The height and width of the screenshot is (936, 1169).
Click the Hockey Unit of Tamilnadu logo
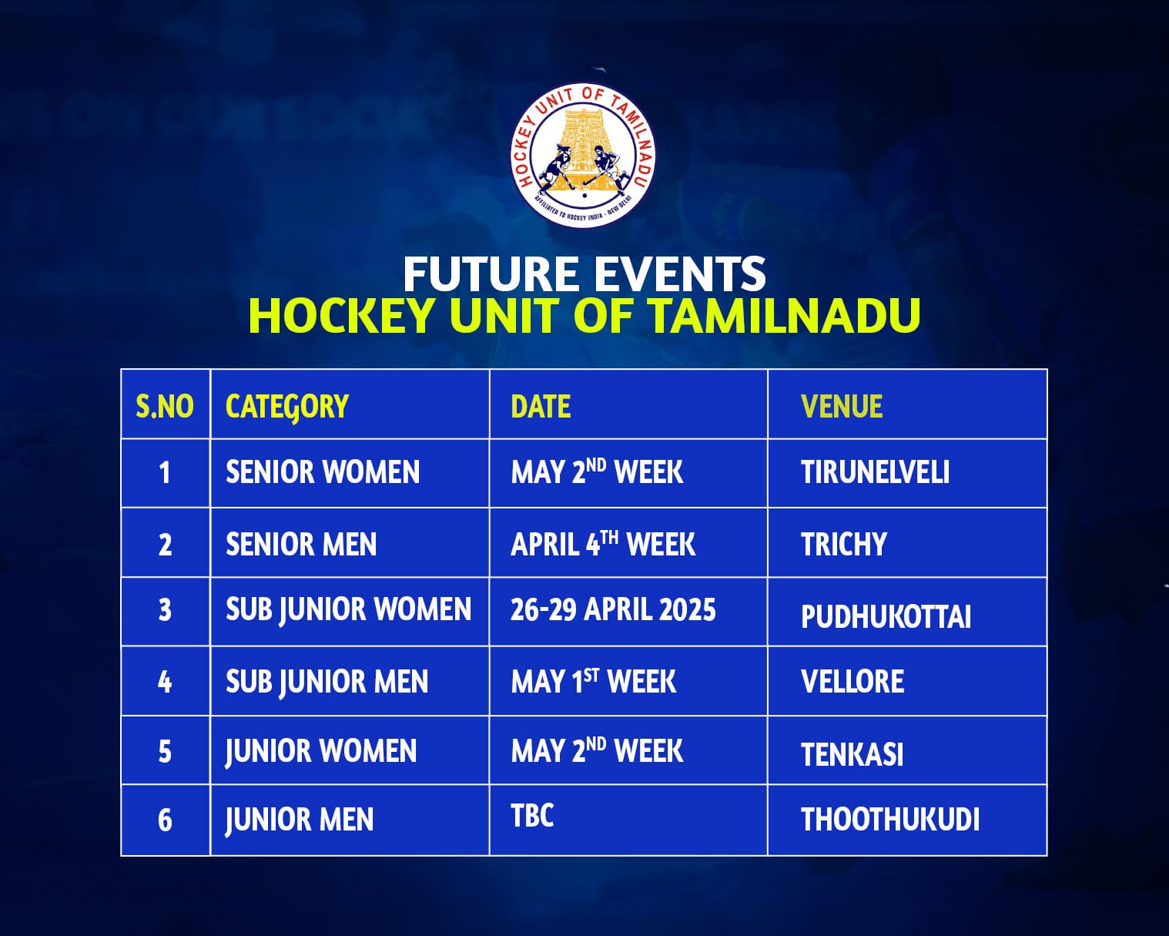[x=584, y=156]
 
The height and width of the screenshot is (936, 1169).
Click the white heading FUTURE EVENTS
[x=584, y=274]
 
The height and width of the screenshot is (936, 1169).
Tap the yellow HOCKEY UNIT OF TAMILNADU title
[x=584, y=316]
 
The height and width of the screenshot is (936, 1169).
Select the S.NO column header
[x=165, y=406]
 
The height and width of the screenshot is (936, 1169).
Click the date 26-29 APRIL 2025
[x=613, y=609]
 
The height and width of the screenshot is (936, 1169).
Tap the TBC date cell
[x=532, y=815]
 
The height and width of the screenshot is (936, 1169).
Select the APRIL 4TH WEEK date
[x=602, y=544]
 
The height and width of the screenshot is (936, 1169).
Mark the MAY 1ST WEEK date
[x=593, y=681]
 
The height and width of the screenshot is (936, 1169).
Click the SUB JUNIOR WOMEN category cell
[x=348, y=610]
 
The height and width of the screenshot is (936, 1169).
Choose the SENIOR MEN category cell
[x=301, y=544]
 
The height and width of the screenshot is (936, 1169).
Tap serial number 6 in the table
[x=165, y=820]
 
